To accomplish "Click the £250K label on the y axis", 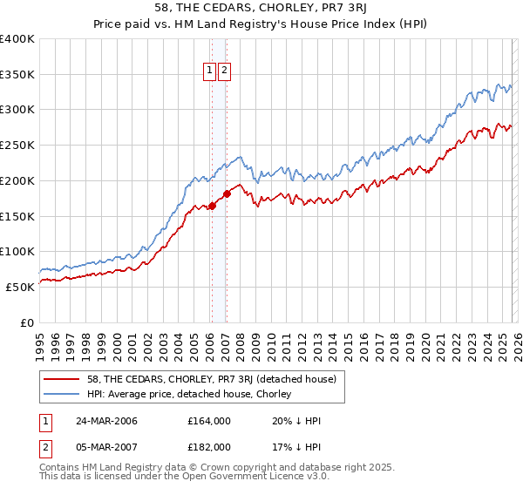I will [x=17, y=145].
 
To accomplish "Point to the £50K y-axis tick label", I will [x=20, y=287].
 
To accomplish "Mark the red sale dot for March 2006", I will [x=212, y=207].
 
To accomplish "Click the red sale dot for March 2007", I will [x=227, y=193].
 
